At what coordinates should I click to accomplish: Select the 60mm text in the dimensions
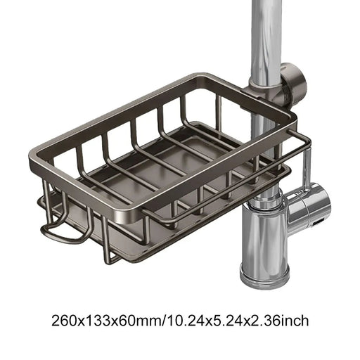coord(137,321)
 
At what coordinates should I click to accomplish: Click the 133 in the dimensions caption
coord(96,321)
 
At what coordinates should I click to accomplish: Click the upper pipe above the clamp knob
coord(266,28)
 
